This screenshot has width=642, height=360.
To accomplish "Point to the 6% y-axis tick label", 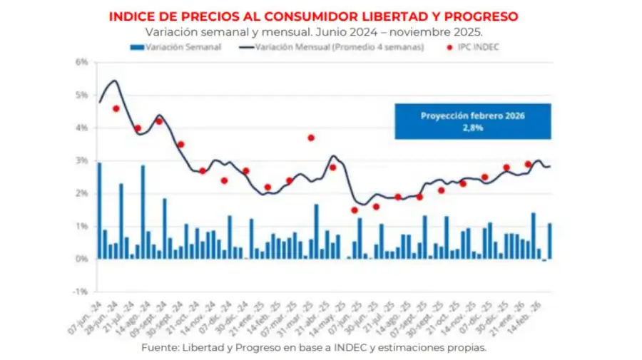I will coord(81,62).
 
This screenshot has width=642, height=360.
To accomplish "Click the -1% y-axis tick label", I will coord(80,292).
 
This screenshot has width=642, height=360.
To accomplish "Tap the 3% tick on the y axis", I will coord(81,160).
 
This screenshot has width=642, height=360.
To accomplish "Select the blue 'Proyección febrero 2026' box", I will coord(473,121).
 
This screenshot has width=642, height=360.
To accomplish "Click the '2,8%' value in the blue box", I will coord(472,128).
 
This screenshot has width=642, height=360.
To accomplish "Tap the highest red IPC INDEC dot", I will coord(116,108).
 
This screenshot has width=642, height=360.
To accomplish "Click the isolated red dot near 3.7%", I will coord(311,138).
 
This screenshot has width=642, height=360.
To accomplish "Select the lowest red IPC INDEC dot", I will coord(354,210).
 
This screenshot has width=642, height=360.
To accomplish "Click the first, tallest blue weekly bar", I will coord(99,211).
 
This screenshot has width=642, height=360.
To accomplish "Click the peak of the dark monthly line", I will coord(115,81).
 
